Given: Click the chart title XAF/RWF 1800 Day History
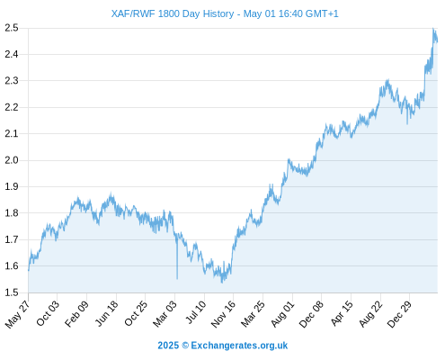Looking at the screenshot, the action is point(173,13).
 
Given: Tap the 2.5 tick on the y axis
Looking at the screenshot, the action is point(12,28).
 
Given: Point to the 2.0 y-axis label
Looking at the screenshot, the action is point(12,160).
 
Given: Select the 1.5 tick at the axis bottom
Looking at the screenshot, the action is point(12,292).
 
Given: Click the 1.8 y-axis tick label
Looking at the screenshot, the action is point(12,213).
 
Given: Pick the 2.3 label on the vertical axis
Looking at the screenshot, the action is point(12,81).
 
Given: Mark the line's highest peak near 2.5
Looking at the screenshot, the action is point(433,29).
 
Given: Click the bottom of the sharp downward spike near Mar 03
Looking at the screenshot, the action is point(177,279).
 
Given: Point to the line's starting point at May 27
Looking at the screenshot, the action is point(29,271).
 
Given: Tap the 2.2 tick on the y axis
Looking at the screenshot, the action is point(12,107).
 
